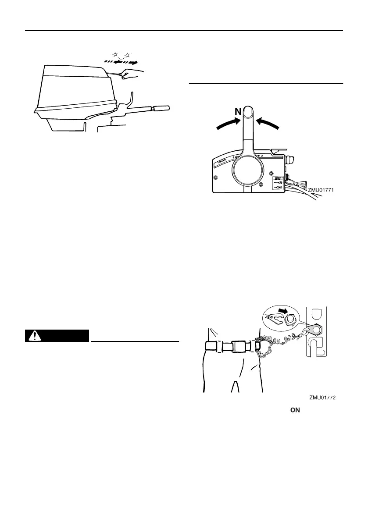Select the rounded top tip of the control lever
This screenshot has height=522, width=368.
tap(249, 110)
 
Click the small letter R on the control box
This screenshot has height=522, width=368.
tap(262, 156)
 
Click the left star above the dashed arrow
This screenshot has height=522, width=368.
tap(115, 54)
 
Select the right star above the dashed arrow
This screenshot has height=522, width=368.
tap(128, 55)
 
